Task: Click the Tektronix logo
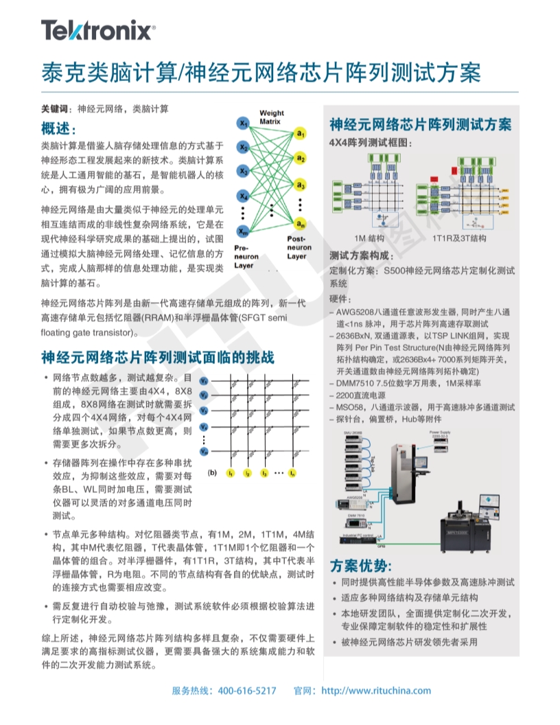pos(98,31)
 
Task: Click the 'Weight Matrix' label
pos(271,117)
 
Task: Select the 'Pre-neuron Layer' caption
pos(244,256)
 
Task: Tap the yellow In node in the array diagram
pos(293,473)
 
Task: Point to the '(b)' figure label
pos(213,472)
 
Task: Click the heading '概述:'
pos(59,130)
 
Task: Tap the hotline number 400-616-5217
pos(247,691)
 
